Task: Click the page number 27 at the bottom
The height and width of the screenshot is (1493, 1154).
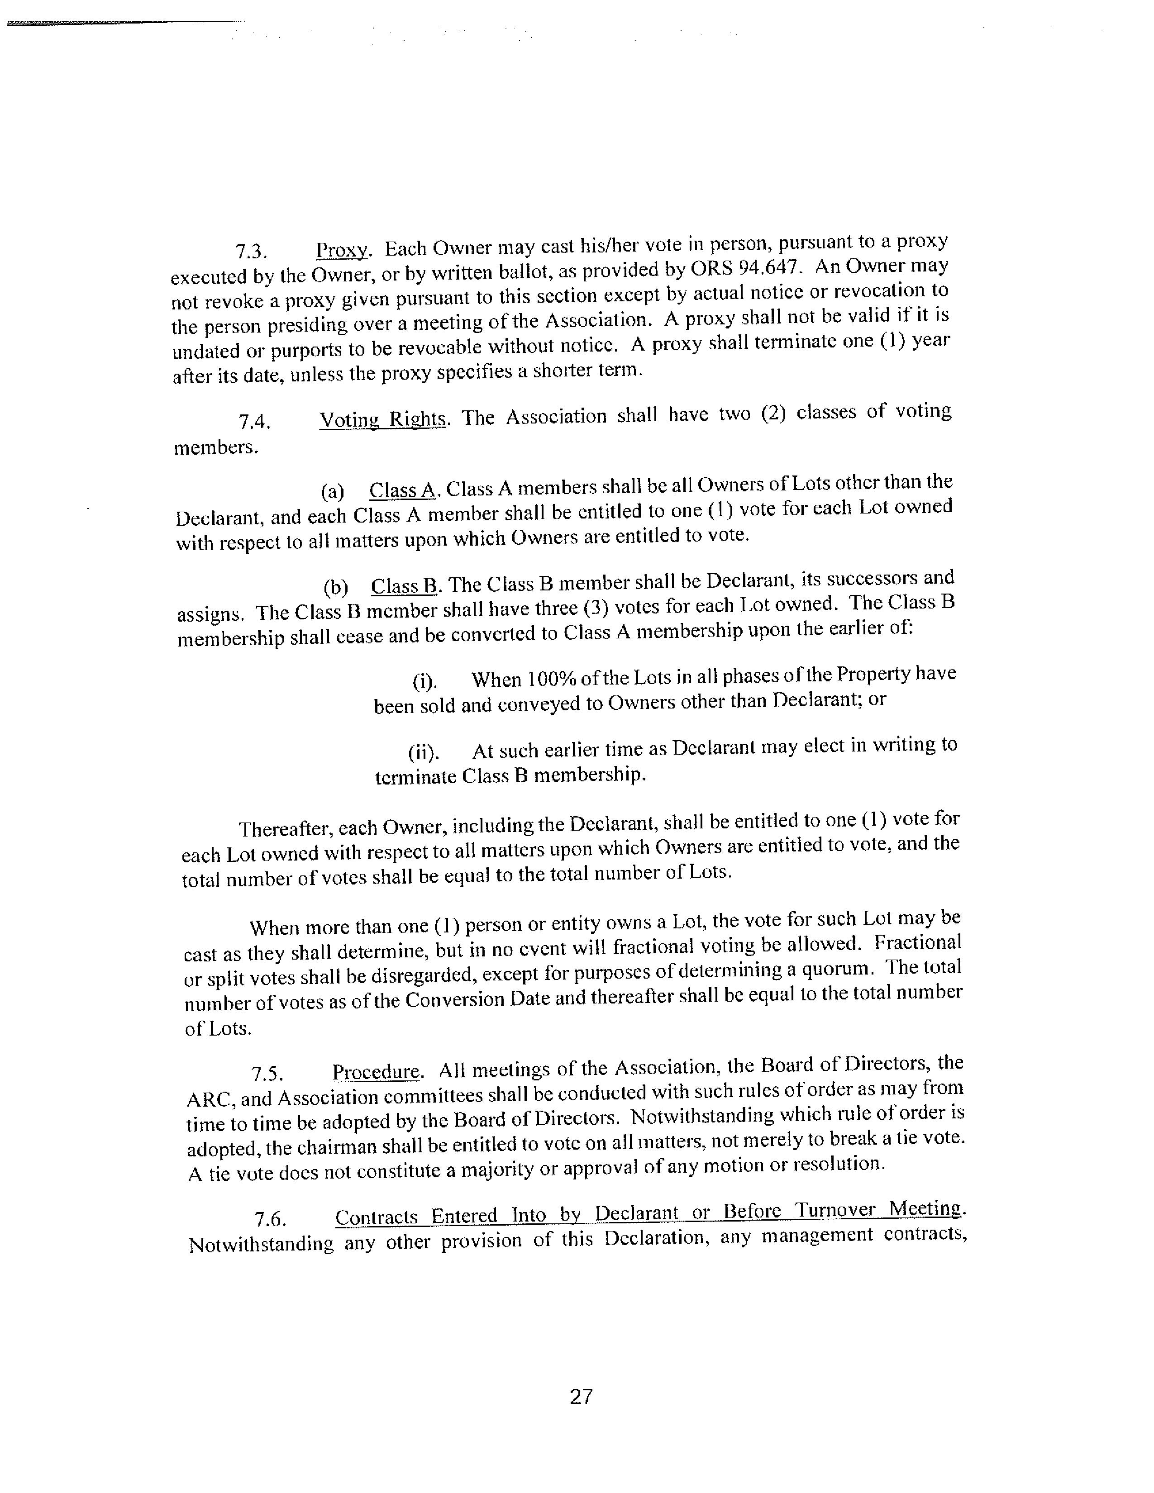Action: click(581, 1397)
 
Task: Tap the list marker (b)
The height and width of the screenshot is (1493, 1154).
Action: click(335, 588)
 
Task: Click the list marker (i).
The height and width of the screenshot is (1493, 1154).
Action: click(424, 681)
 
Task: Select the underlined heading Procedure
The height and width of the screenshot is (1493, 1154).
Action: click(377, 1072)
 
